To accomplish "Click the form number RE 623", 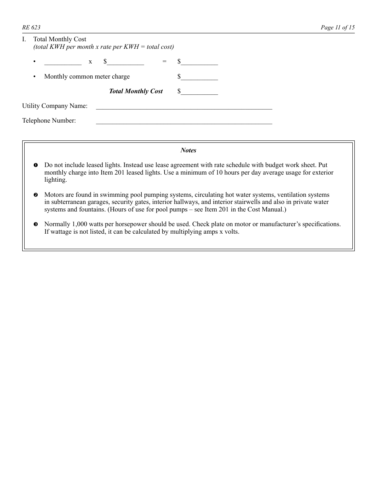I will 31,27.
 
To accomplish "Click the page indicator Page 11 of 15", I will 337,27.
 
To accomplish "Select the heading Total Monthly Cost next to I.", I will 60,39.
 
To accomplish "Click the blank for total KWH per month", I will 63,62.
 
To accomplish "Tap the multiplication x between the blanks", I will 90,62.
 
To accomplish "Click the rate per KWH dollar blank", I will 125,62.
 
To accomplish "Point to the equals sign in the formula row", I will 164,62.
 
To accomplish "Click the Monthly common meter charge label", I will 87,77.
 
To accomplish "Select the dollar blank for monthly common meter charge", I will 200,77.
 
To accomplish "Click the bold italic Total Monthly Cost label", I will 136,91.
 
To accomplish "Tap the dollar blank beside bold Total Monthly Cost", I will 200,92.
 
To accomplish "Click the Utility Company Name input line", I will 184,106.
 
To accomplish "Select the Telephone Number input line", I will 184,121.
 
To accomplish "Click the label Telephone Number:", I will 49,121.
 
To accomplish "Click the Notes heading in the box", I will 188,150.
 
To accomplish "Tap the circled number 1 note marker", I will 36,165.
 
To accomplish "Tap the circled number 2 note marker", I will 36,195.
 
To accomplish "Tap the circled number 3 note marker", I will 36,225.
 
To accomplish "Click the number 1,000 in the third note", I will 81,224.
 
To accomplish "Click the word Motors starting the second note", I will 54,195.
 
